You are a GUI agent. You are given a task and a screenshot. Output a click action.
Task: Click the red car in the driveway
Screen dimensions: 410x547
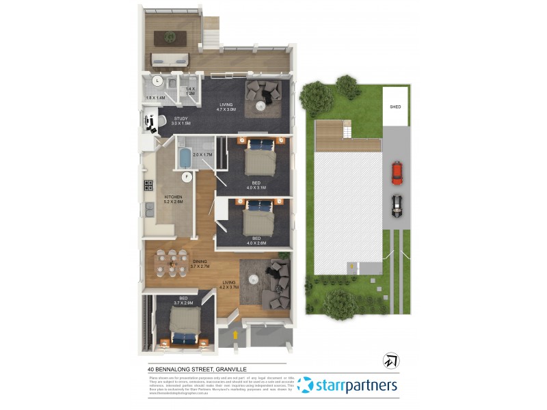(396, 173)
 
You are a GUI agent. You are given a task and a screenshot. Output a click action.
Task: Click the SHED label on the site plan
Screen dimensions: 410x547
(395, 107)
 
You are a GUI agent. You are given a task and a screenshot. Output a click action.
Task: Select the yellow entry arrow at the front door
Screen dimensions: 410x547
(236, 335)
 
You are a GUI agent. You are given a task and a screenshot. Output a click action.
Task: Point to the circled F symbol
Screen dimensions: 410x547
(185, 176)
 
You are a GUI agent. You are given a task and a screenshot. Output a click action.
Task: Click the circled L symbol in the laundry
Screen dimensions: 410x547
(157, 81)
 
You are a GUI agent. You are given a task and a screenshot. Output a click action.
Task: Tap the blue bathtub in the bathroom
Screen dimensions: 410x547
(183, 159)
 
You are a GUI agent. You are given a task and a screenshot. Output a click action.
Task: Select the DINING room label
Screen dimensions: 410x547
(200, 262)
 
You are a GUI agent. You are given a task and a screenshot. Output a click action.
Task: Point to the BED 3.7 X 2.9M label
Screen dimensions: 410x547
(184, 300)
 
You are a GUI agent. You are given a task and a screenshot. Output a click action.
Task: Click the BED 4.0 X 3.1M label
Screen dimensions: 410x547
(256, 184)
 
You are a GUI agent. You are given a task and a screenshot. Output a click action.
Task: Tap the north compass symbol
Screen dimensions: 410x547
(392, 360)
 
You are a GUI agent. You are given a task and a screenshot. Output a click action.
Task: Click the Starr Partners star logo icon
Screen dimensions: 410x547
(305, 385)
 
